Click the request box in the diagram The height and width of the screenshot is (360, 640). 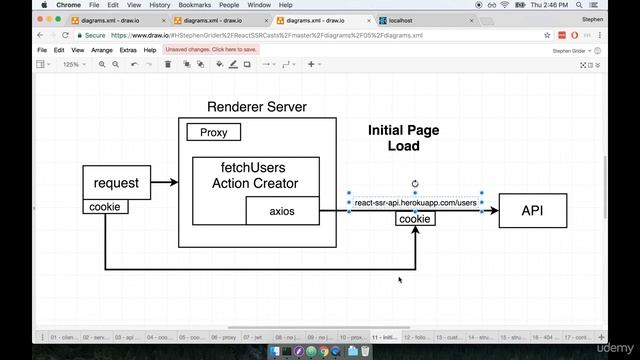(116, 183)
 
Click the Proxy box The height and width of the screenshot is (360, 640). (213, 132)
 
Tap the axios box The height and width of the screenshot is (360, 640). (282, 211)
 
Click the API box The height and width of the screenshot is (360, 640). (532, 210)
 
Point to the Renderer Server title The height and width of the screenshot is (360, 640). (257, 107)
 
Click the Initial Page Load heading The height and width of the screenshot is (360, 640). (403, 138)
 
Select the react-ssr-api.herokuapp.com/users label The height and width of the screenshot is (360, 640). (415, 203)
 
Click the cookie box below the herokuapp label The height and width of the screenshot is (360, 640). (414, 219)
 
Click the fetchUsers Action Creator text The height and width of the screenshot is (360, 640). (255, 175)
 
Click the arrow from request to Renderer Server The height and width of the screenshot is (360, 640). (164, 182)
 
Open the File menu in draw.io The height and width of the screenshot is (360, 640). (42, 49)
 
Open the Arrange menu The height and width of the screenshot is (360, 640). (101, 49)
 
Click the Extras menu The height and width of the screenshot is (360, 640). (128, 49)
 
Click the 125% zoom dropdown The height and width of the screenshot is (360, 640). (73, 64)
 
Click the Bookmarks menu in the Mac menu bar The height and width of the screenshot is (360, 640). (193, 5)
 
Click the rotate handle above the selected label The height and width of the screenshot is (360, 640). (414, 184)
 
